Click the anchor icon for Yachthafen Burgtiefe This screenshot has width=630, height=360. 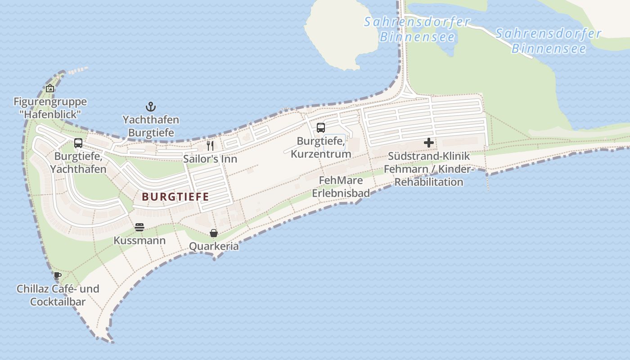click(x=151, y=107)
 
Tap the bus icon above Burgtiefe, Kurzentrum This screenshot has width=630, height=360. click(x=320, y=128)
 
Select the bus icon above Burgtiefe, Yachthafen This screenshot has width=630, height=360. click(x=78, y=143)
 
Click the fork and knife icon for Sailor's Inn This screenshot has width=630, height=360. click(x=210, y=145)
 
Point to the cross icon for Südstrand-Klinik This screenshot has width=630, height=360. click(x=429, y=143)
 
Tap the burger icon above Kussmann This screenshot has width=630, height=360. click(x=139, y=227)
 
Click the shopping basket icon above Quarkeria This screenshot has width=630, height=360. click(x=214, y=233)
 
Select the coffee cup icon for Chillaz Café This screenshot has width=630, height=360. click(x=57, y=275)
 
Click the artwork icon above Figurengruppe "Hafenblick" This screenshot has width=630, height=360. click(x=50, y=88)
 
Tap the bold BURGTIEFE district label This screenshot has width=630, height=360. click(x=175, y=197)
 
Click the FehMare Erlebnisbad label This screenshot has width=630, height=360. click(x=341, y=187)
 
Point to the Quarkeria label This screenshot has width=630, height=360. click(x=214, y=247)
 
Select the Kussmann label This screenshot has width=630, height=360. click(x=139, y=241)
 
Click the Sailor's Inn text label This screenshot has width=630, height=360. click(x=210, y=159)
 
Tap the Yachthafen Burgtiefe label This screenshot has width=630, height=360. click(x=151, y=126)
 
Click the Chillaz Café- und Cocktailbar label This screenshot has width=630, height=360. click(x=58, y=295)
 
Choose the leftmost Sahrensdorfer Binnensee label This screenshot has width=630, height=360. click(x=417, y=29)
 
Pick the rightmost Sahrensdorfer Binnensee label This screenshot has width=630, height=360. click(x=549, y=40)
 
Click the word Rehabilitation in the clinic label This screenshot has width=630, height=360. click(x=429, y=182)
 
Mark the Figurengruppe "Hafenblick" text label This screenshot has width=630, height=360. click(x=50, y=108)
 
